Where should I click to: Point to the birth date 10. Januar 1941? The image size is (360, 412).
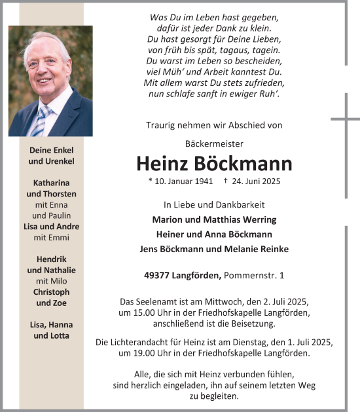tap(179, 181)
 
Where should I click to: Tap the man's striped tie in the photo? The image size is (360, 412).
tap(41, 121)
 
